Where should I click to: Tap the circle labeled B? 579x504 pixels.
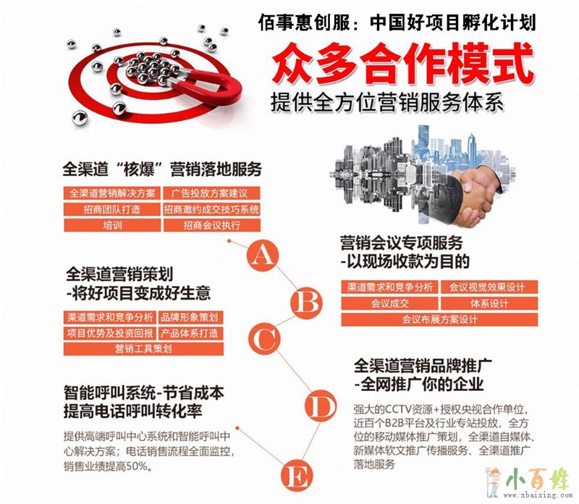pyautogui.click(x=306, y=303)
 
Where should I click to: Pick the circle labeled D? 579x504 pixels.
pyautogui.click(x=321, y=406)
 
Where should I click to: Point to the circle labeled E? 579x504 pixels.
pyautogui.click(x=297, y=476)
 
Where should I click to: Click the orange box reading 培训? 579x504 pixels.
pyautogui.click(x=112, y=225)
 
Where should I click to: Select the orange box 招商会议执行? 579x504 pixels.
pyautogui.click(x=212, y=225)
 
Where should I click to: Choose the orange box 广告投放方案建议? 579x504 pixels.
pyautogui.click(x=212, y=193)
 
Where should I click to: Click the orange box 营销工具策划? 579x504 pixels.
pyautogui.click(x=143, y=349)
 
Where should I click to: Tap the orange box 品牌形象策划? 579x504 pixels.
pyautogui.click(x=191, y=317)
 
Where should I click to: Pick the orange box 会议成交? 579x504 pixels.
pyautogui.click(x=389, y=303)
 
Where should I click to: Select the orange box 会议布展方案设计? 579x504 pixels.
pyautogui.click(x=439, y=319)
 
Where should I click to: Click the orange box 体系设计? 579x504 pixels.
pyautogui.click(x=489, y=303)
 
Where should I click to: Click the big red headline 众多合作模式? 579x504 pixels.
pyautogui.click(x=403, y=64)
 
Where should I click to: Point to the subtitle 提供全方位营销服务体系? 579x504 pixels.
pyautogui.click(x=387, y=101)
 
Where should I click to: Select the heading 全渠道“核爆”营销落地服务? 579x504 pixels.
pyautogui.click(x=162, y=169)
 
